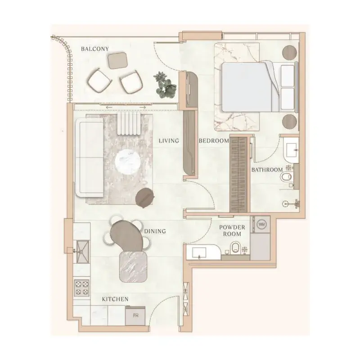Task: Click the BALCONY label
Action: tap(95, 49)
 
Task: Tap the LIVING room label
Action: tap(169, 141)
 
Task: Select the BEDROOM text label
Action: tap(214, 141)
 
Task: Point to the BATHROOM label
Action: tap(267, 170)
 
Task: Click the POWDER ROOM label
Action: tap(232, 231)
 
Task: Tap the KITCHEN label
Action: tap(115, 299)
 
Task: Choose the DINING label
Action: tap(155, 231)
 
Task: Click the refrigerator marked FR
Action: tap(135, 315)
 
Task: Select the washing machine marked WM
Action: tap(261, 224)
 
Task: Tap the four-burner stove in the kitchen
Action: tap(82, 288)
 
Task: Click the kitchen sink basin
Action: tap(82, 252)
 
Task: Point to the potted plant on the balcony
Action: tap(165, 84)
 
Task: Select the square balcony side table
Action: tap(117, 61)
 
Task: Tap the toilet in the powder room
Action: tap(235, 247)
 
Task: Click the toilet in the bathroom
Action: tap(286, 177)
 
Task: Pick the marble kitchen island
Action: tap(133, 266)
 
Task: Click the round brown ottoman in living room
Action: tap(144, 198)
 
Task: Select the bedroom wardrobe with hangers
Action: tap(240, 175)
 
